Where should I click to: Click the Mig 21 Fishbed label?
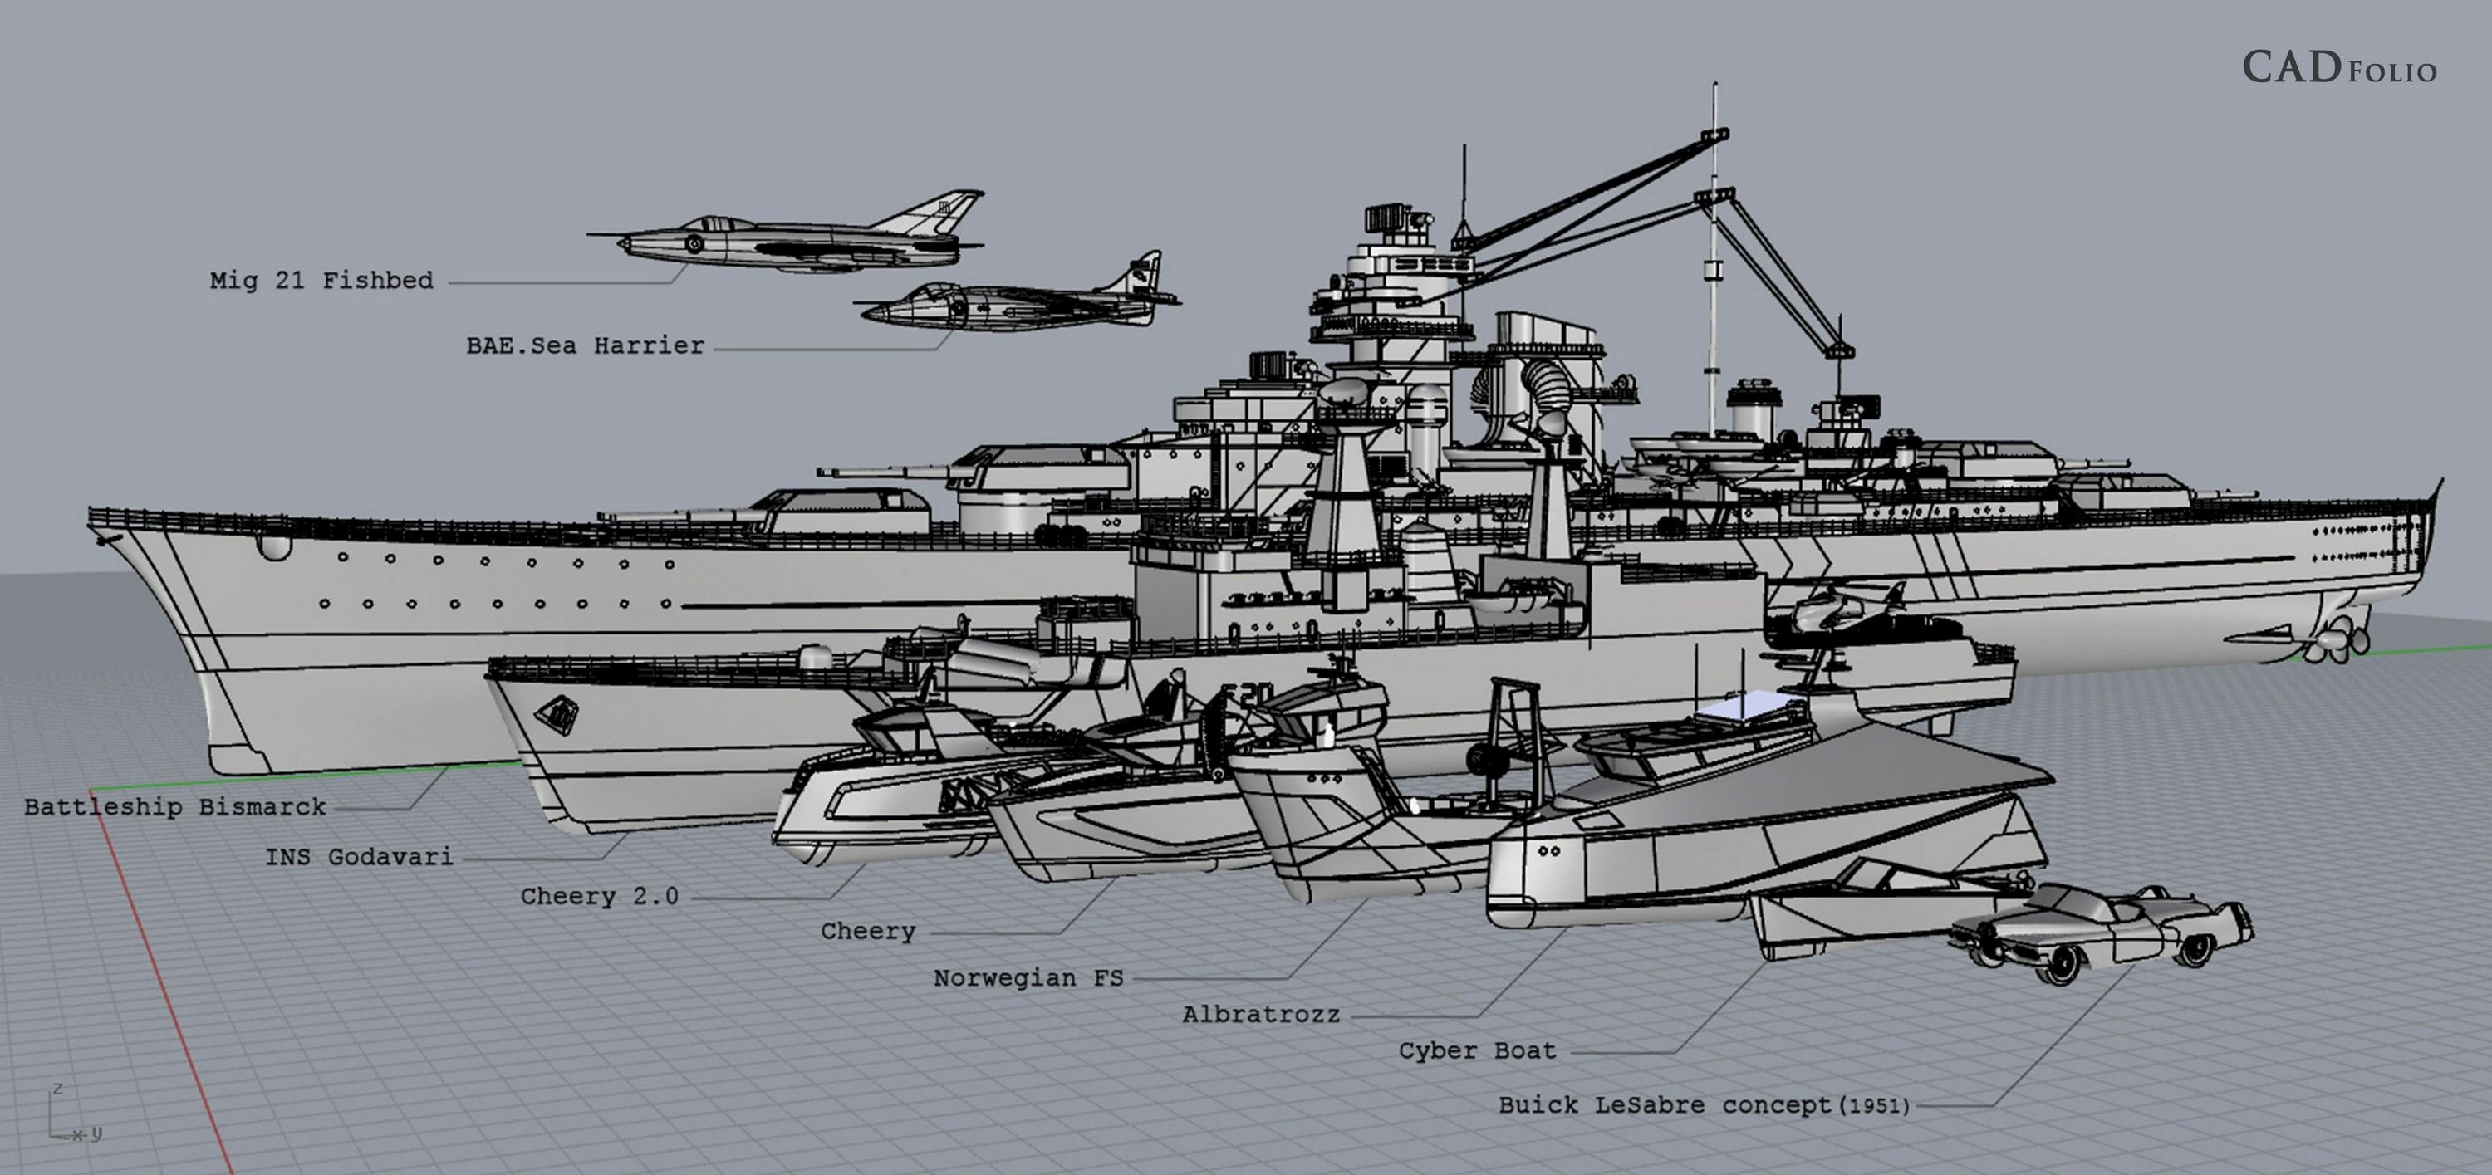(x=321, y=282)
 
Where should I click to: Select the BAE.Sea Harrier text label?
(x=586, y=346)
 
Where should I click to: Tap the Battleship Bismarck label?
(x=175, y=807)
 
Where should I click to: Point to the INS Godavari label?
(x=359, y=857)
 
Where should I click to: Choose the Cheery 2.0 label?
(x=599, y=897)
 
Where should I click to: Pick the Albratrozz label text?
(x=1260, y=1015)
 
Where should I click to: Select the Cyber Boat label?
(x=1477, y=1051)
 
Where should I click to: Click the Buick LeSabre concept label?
(x=1704, y=1105)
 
